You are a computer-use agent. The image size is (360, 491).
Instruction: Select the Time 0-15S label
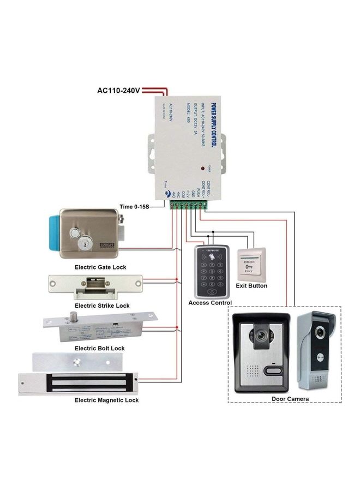[x=134, y=207]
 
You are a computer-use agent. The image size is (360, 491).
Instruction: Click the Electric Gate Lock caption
[x=100, y=267]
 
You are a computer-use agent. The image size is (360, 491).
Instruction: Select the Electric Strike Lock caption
[x=102, y=306]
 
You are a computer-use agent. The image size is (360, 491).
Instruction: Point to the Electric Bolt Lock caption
[x=99, y=348]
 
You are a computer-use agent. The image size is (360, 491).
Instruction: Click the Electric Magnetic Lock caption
[x=106, y=400]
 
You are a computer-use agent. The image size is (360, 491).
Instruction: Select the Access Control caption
[x=210, y=303]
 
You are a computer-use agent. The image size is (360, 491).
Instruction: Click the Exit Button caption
[x=251, y=285]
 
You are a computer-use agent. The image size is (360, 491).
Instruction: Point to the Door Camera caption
[x=290, y=399]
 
